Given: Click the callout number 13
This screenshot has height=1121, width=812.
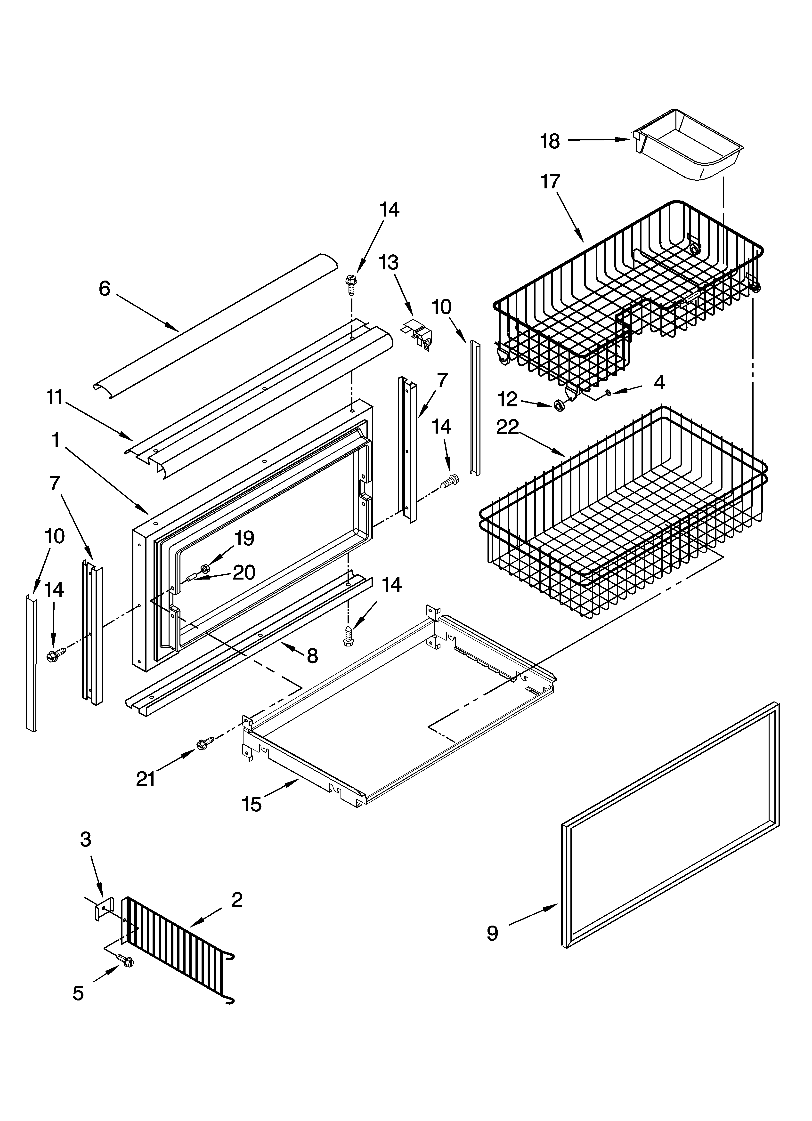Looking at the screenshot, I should (389, 262).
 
